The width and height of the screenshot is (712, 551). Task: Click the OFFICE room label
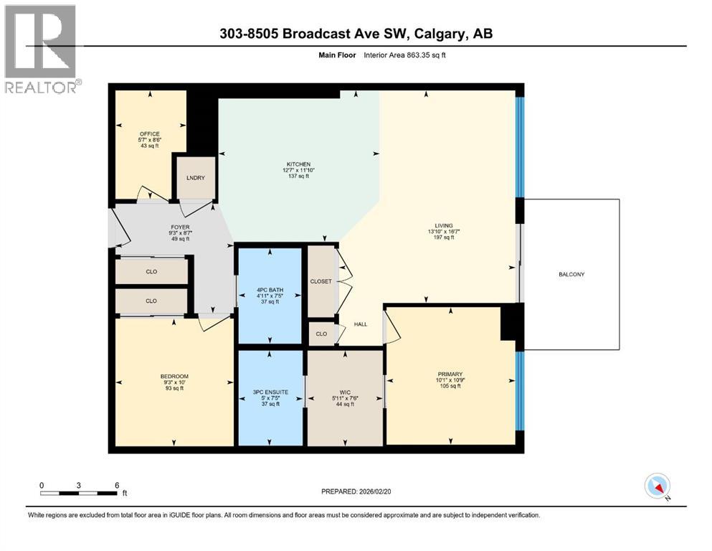pyautogui.click(x=149, y=133)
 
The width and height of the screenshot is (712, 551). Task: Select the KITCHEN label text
pyautogui.click(x=298, y=164)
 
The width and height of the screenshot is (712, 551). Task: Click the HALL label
pyautogui.click(x=361, y=324)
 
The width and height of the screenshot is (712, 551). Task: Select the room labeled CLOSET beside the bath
pyautogui.click(x=321, y=281)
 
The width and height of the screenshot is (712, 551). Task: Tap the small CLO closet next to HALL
pyautogui.click(x=321, y=334)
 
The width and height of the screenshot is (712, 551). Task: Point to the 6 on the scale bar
pyautogui.click(x=116, y=485)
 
